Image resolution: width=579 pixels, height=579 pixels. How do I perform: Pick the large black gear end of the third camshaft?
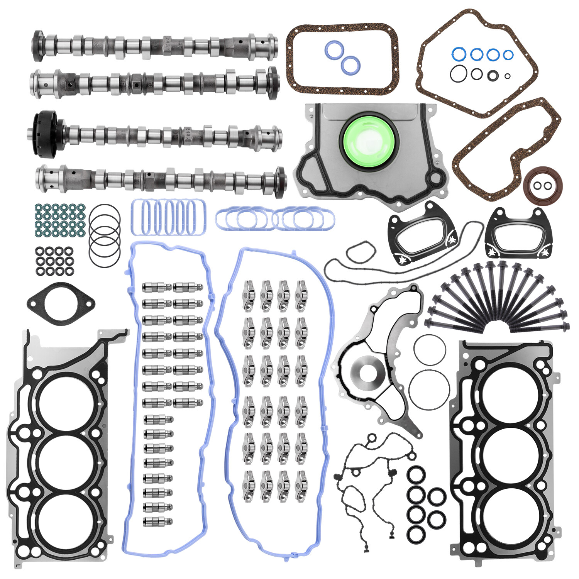44,134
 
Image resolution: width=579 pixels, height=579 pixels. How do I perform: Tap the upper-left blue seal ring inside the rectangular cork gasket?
334,51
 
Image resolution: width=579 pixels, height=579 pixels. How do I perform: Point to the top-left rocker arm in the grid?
249,296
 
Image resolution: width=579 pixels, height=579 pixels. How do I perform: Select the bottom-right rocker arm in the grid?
301,486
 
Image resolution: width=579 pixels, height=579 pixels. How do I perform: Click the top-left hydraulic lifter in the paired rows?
157,287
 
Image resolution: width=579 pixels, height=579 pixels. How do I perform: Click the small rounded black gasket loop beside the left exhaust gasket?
360,252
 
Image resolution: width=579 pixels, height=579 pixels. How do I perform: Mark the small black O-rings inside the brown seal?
542,186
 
